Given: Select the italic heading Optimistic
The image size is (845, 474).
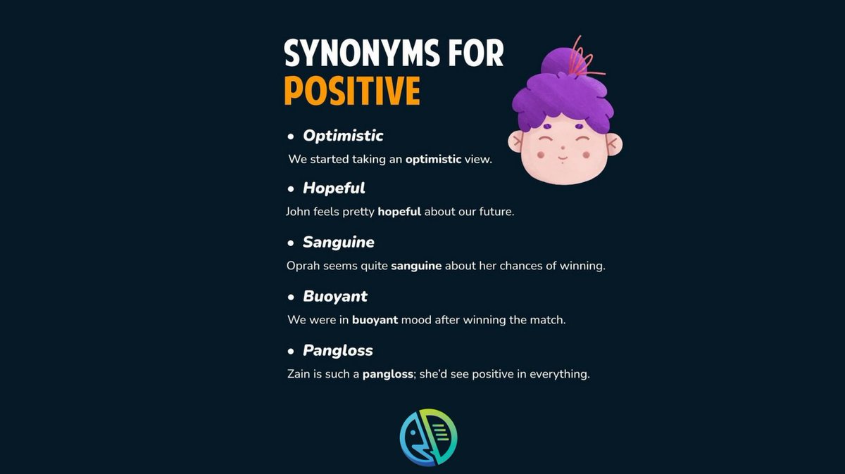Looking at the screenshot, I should coord(343,135).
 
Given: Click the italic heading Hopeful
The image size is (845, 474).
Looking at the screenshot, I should coord(334,188).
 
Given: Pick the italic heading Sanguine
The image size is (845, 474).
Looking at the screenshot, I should coord(338,243).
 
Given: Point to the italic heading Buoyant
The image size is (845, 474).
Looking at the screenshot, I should coord(335,296).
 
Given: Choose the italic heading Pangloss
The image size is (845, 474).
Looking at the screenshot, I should coord(338,350).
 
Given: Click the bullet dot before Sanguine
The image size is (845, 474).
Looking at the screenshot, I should coord(290,243).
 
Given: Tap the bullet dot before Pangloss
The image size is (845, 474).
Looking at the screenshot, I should coord(290,351).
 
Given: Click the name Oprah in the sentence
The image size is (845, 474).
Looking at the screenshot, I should coord(303,266).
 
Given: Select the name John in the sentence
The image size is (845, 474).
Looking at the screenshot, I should coord(299,211).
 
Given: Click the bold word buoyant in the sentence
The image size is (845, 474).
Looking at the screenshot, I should coord(375,320).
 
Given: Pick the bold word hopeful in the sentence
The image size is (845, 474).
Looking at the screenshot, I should coord(399,211).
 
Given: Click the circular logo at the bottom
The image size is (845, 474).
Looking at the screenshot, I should coord(428,437).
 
